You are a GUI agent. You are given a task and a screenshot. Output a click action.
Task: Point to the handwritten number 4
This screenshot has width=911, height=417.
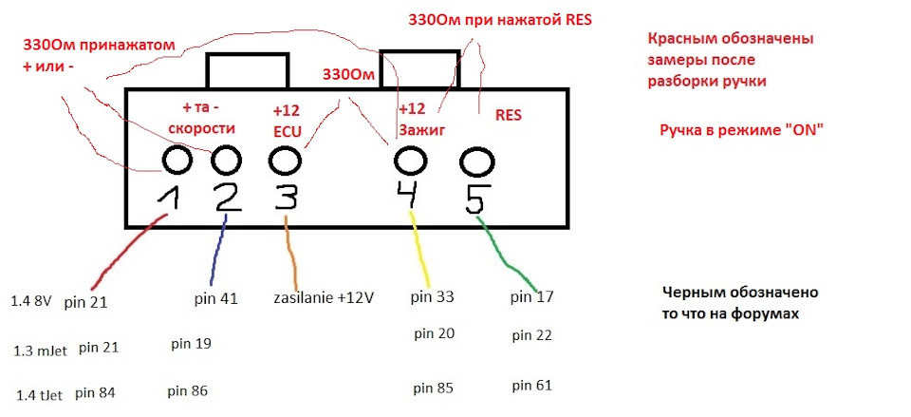tap(409, 194)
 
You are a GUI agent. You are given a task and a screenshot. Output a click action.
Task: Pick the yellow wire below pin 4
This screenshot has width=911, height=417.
tap(421, 249)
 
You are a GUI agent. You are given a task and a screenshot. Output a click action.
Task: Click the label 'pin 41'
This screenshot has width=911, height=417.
tap(216, 300)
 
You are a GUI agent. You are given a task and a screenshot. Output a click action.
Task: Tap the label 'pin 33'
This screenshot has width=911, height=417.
tap(433, 297)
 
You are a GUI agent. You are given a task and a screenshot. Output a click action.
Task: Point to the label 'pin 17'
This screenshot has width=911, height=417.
tap(532, 297)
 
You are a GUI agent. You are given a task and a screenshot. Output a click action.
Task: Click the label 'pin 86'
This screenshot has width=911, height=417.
tap(187, 391)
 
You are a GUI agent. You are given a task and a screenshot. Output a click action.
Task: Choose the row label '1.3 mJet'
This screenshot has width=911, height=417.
tap(40, 351)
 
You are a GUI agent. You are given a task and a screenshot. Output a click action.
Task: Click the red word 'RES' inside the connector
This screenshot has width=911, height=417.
tap(509, 116)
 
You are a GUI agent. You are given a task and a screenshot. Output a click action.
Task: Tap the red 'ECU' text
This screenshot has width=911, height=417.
tap(287, 131)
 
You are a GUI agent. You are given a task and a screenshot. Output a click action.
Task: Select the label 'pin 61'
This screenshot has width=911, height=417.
tap(532, 386)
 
